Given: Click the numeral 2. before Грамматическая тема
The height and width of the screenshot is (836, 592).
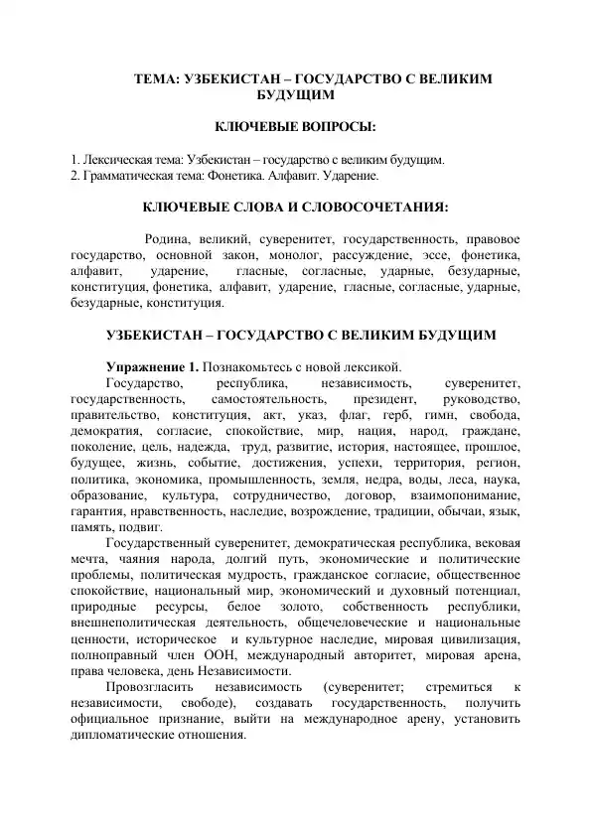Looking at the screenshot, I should [x=76, y=175].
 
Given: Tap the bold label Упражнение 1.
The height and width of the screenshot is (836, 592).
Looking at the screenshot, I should [x=153, y=366].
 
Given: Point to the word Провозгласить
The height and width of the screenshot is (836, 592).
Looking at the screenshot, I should [x=148, y=687].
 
